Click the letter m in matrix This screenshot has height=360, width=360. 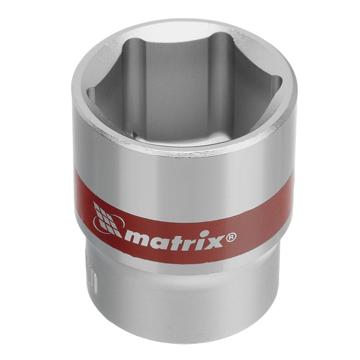(135, 238)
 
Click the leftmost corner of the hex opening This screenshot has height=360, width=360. (87, 90)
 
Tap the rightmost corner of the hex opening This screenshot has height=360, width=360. (282, 81)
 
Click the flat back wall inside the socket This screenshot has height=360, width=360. (180, 85)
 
